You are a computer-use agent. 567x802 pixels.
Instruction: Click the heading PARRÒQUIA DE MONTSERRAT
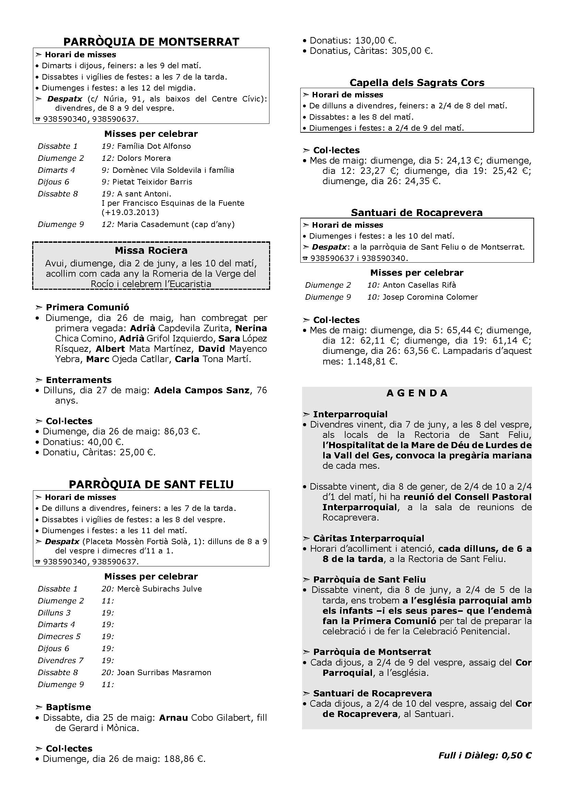[x=151, y=41]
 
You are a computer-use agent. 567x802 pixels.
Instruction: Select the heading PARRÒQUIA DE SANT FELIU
[x=151, y=484]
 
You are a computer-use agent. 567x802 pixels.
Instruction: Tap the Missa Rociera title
[x=151, y=250]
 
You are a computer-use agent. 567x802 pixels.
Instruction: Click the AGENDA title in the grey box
[x=417, y=393]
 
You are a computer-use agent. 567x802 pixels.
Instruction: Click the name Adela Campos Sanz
[x=202, y=390]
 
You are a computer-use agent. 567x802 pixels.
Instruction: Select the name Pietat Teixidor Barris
[x=155, y=182]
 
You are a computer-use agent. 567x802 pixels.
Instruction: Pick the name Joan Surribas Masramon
[x=164, y=672]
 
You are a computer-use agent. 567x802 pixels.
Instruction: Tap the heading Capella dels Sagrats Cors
[x=417, y=82]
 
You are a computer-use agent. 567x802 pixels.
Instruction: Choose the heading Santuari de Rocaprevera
[x=417, y=212]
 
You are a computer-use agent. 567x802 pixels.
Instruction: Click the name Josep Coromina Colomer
[x=430, y=297]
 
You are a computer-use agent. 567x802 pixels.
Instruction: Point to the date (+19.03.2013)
[x=130, y=212]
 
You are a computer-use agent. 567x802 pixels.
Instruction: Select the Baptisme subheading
[x=69, y=707]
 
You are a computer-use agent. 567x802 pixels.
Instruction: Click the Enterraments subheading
[x=79, y=380]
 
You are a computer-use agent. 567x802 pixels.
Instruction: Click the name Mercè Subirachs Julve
[x=159, y=589]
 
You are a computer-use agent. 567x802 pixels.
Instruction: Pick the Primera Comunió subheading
[x=87, y=307]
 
